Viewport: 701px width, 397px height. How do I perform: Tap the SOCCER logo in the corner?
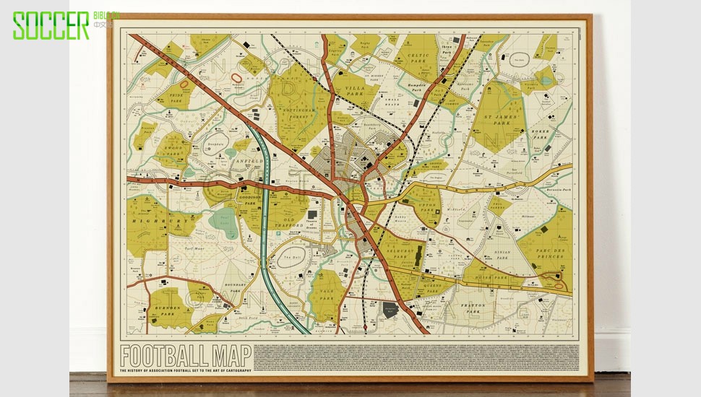(x=51, y=25)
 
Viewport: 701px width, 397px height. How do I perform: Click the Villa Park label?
(x=353, y=89)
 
